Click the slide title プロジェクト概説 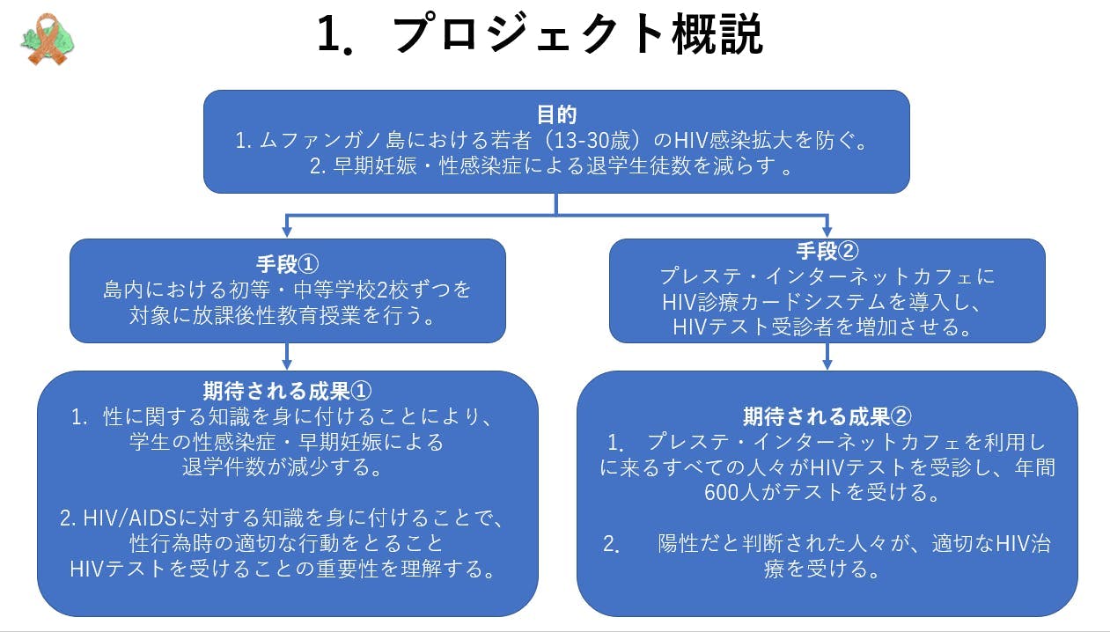(x=577, y=35)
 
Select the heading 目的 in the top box (x=556, y=114)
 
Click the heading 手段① (x=286, y=263)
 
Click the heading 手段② (x=827, y=252)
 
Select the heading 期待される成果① (x=287, y=390)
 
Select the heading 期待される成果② (x=827, y=415)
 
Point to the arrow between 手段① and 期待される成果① (x=286, y=356)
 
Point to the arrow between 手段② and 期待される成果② (x=827, y=356)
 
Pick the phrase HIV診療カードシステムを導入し (x=827, y=302)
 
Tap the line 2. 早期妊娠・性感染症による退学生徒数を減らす (x=551, y=166)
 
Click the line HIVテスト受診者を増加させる (x=827, y=327)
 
